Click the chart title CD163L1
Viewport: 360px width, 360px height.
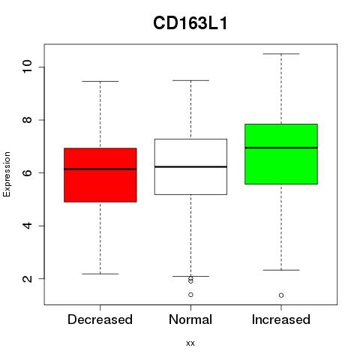(x=190, y=23)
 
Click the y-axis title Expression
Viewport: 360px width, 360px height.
(x=7, y=174)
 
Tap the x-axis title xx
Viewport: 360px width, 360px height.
(x=190, y=343)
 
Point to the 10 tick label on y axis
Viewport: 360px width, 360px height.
(x=27, y=67)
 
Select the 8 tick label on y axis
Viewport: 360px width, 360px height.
(x=27, y=120)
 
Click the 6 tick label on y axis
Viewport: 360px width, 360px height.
(x=27, y=172)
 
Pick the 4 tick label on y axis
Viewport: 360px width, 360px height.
(x=27, y=226)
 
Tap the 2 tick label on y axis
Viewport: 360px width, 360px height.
(x=27, y=278)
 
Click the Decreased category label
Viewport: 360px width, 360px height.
(x=100, y=319)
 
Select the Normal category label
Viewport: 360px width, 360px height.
(x=190, y=319)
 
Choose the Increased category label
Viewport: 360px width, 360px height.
(x=281, y=319)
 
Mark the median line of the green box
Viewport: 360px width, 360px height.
(x=281, y=148)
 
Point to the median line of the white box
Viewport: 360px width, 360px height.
(x=190, y=166)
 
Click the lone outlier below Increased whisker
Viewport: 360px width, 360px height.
(x=281, y=295)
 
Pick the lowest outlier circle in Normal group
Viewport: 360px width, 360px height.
(x=190, y=295)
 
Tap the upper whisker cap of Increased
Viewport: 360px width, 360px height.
(x=281, y=54)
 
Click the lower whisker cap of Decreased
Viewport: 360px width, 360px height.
(x=100, y=274)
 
